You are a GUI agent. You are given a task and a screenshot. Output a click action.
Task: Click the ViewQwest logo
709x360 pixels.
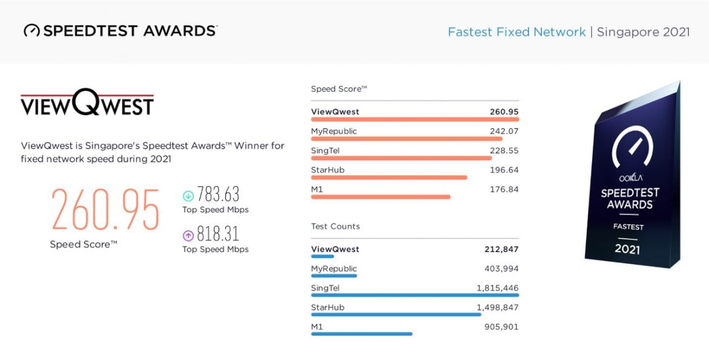pyautogui.click(x=87, y=105)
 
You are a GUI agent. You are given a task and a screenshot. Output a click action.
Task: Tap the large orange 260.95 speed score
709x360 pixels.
pyautogui.click(x=105, y=209)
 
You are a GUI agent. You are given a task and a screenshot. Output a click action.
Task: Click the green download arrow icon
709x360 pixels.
pyautogui.click(x=188, y=196)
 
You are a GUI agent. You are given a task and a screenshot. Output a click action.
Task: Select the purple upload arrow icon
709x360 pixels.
pyautogui.click(x=188, y=235)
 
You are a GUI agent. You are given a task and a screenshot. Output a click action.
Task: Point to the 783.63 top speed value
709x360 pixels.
pyautogui.click(x=218, y=195)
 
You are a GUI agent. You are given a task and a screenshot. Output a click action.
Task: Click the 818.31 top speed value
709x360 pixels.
pyautogui.click(x=218, y=234)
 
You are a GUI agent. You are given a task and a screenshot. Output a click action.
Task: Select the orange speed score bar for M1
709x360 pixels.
pyautogui.click(x=380, y=197)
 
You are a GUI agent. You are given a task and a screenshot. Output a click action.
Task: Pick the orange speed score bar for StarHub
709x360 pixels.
pyautogui.click(x=388, y=178)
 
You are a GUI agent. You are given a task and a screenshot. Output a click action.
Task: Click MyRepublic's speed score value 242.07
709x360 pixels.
pyautogui.click(x=504, y=131)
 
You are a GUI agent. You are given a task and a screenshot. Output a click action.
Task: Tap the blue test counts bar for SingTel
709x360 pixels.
pyautogui.click(x=414, y=295)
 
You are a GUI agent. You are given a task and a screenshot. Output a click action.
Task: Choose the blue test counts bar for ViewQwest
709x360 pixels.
pyautogui.click(x=322, y=256)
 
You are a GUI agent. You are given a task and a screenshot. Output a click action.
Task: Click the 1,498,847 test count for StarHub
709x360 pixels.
pyautogui.click(x=498, y=307)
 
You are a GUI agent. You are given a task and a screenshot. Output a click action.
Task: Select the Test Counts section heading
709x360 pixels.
pyautogui.click(x=335, y=226)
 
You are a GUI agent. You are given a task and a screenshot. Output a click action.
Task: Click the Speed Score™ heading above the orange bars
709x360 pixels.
pyautogui.click(x=339, y=89)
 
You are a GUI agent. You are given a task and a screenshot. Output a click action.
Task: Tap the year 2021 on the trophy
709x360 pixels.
pyautogui.click(x=627, y=248)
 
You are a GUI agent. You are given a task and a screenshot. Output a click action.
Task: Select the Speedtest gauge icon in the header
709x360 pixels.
pyautogui.click(x=32, y=31)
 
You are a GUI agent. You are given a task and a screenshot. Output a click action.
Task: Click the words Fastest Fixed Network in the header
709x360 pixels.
pyautogui.click(x=516, y=32)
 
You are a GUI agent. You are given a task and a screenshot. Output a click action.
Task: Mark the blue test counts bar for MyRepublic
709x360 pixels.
pyautogui.click(x=334, y=276)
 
